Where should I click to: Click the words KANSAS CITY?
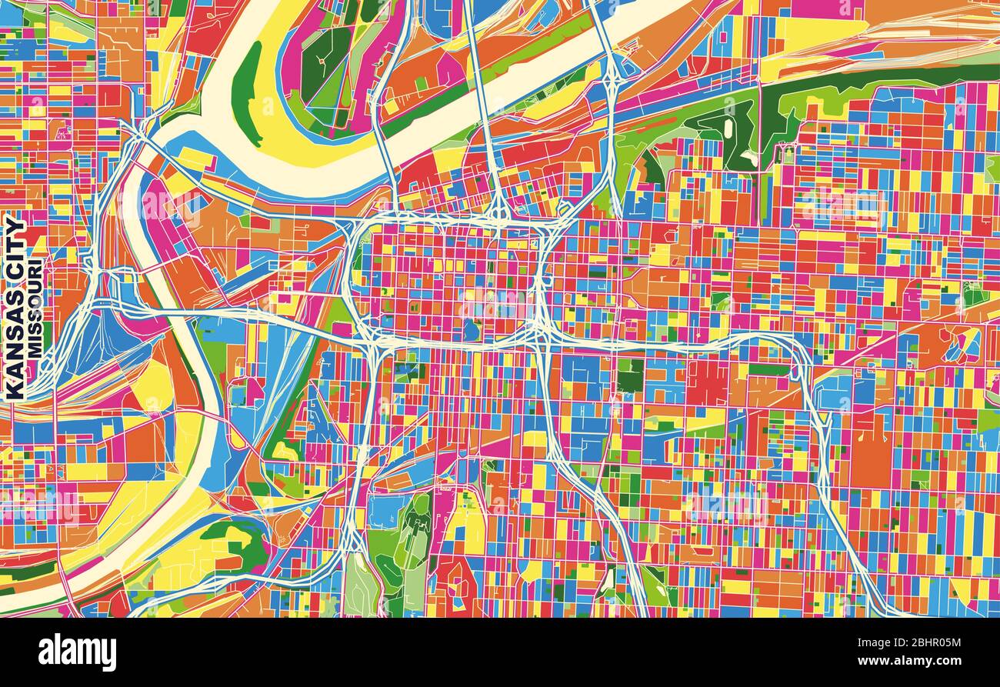[x=15, y=308]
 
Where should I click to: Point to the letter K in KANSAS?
[x=15, y=391]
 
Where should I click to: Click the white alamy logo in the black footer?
[x=77, y=652]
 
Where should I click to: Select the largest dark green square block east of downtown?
[x=630, y=375]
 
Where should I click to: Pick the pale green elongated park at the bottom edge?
[x=360, y=589]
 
